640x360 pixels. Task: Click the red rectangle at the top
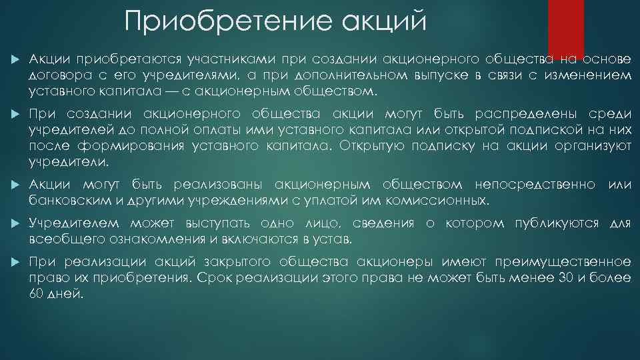[565, 27]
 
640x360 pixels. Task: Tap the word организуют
[591, 146]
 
